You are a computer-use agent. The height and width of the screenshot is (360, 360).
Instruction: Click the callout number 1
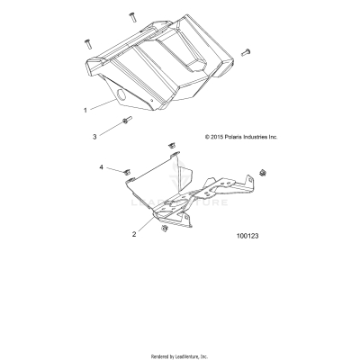point(85,110)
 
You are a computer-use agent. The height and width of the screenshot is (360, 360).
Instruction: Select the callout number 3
point(95,136)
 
